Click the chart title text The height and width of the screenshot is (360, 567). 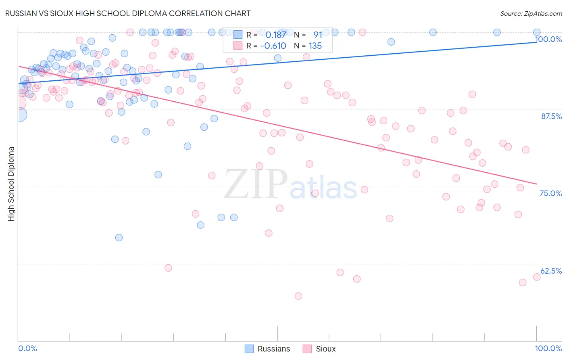point(128,13)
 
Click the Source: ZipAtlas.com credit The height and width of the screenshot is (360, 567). point(531,13)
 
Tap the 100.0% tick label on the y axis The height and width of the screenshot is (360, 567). point(548,39)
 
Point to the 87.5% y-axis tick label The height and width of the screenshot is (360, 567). point(551,116)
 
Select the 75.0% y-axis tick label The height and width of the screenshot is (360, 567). point(550,193)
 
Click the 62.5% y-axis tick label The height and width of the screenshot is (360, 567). point(551,271)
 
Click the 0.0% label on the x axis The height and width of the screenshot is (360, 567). point(27,348)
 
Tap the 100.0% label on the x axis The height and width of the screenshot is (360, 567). point(548,348)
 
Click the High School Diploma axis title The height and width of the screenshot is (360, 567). point(11,184)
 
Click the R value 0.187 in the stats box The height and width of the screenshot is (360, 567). point(275,35)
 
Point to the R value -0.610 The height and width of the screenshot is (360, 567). point(273,46)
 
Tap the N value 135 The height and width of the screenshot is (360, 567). point(315,46)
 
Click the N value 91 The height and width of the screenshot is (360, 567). point(317,35)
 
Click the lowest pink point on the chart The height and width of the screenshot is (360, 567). point(298,296)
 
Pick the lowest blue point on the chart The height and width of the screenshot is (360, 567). point(119,238)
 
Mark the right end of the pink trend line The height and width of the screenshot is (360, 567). point(536,184)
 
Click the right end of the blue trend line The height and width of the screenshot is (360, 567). point(536,42)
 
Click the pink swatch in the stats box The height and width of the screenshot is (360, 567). point(238,46)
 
